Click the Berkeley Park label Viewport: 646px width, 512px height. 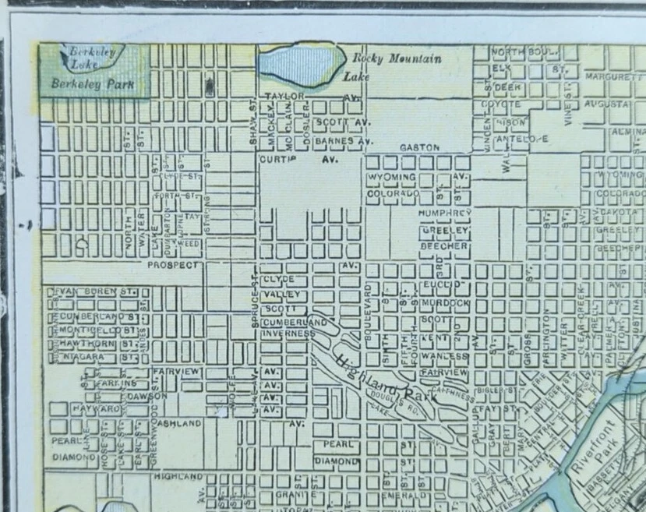[92, 83]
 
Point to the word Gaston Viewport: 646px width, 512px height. [420, 147]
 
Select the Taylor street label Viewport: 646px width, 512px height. [283, 97]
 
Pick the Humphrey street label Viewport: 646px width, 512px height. [445, 212]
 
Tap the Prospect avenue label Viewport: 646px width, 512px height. [175, 264]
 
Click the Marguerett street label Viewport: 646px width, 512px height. [613, 77]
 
